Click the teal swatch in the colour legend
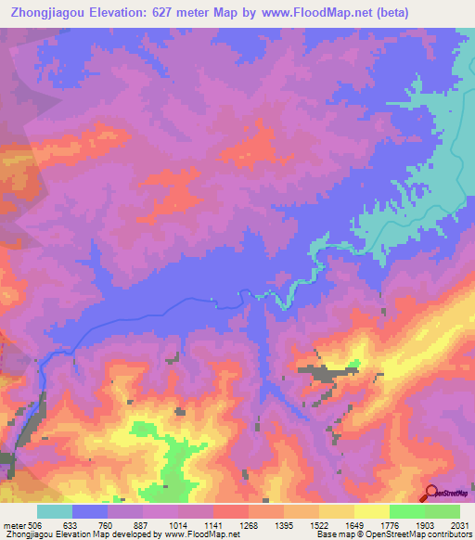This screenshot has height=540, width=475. [55, 511]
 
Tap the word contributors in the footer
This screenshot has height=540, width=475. [449, 535]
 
